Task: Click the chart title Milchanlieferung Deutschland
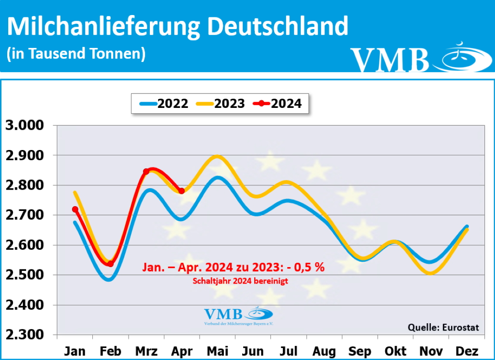(x=177, y=27)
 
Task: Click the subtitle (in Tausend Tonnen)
(x=76, y=53)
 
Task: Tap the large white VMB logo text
(x=390, y=60)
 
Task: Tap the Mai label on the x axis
(x=218, y=351)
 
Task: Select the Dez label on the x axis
(x=467, y=351)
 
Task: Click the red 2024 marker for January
(x=75, y=210)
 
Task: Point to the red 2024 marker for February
(x=110, y=264)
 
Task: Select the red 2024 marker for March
(x=146, y=172)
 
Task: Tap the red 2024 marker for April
(x=181, y=191)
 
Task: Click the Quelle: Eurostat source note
(x=443, y=328)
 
